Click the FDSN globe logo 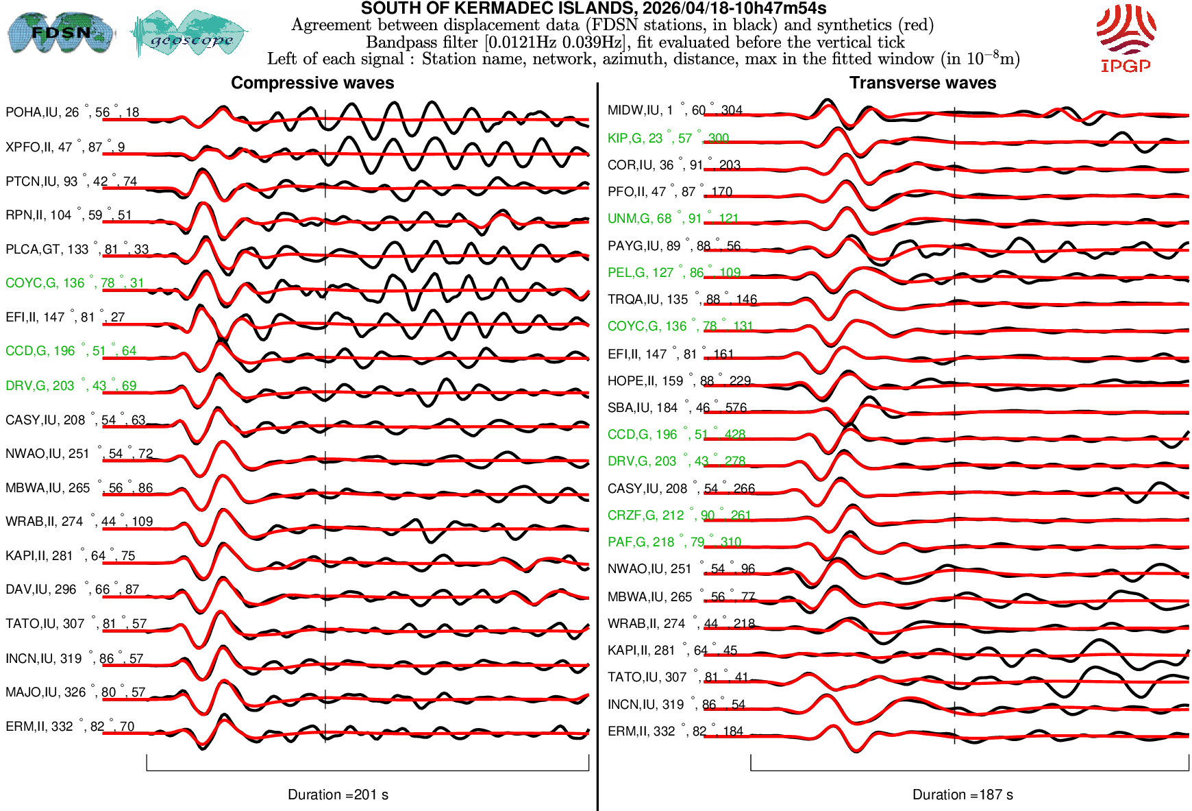click(x=60, y=33)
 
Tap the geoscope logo click(x=190, y=34)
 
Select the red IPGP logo click(x=1126, y=38)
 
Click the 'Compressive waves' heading click(x=312, y=83)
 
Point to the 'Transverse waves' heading click(x=923, y=83)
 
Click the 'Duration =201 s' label click(x=338, y=795)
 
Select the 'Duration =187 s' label click(x=963, y=795)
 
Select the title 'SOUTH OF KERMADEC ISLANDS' click(x=593, y=9)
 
